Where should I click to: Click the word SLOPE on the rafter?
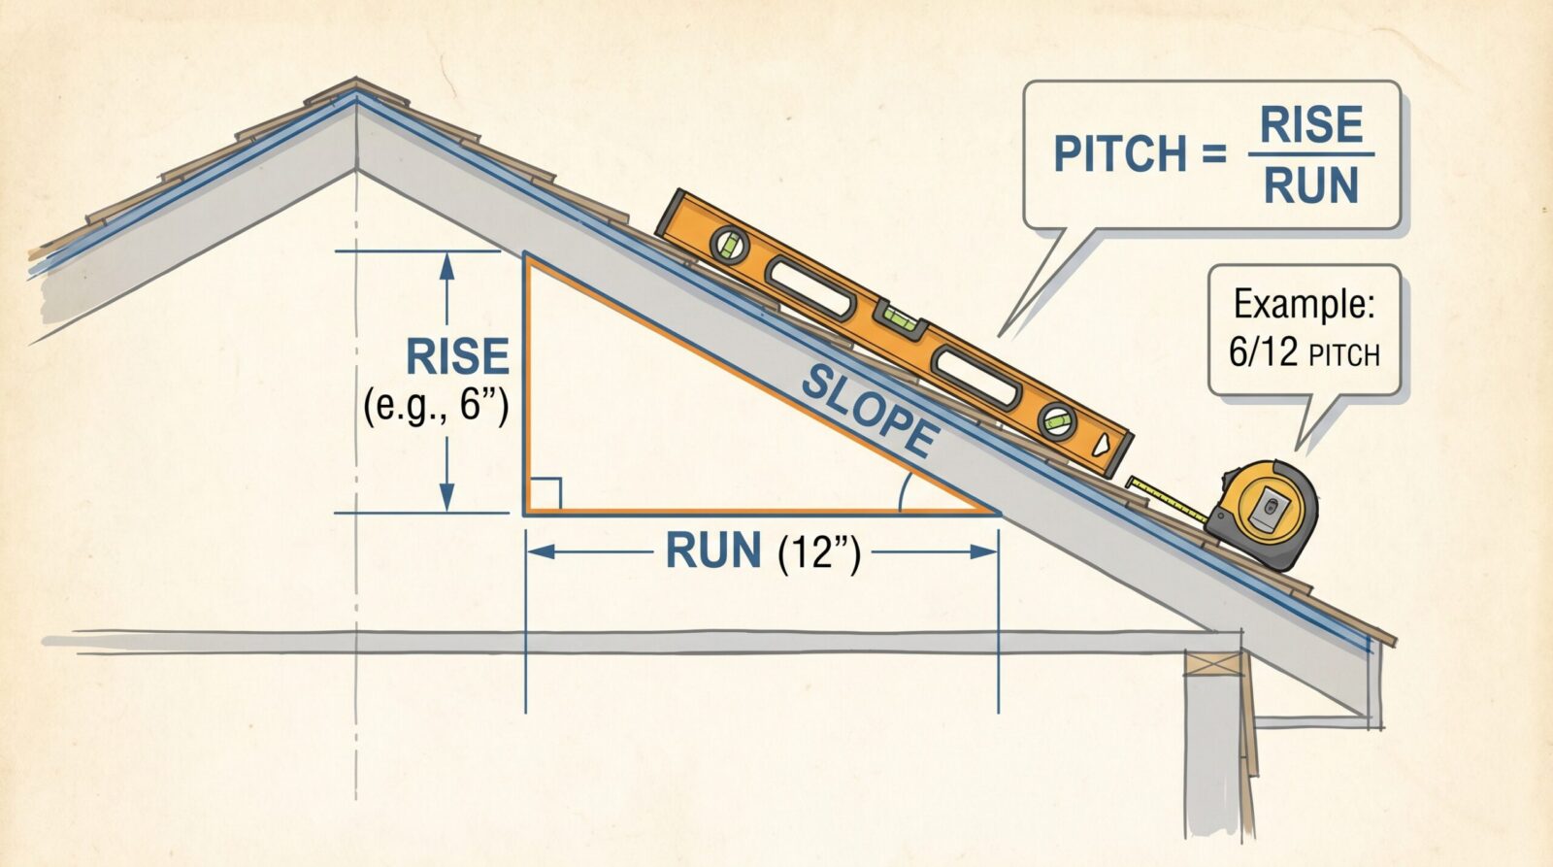[871, 412]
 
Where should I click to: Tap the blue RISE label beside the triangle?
[457, 356]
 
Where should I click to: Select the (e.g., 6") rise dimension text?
[436, 404]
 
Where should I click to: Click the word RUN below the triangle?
[712, 550]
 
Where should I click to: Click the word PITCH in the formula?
[1120, 154]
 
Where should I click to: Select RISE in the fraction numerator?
[1311, 125]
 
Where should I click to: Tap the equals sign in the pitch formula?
[1214, 154]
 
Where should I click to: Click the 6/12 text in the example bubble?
[1263, 352]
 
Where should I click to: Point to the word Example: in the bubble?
[1305, 304]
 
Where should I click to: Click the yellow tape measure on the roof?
[1261, 515]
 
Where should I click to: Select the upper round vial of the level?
[729, 246]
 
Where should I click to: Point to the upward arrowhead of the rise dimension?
[447, 267]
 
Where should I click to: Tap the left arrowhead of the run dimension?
[542, 552]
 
